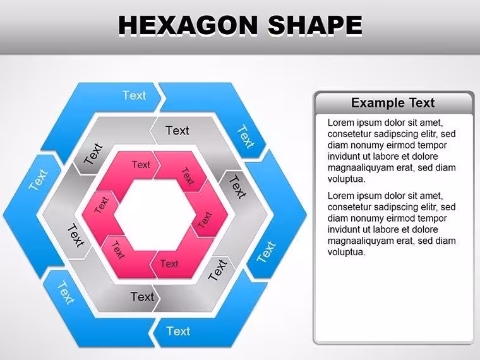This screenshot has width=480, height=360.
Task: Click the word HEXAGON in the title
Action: [188, 25]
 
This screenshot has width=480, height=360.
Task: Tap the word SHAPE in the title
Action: [315, 25]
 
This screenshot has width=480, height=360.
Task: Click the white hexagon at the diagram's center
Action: [155, 215]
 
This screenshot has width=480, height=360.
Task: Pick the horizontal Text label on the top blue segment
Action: [134, 95]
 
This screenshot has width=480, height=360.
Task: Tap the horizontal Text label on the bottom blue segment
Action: [178, 331]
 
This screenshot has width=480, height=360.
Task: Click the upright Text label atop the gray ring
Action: [177, 131]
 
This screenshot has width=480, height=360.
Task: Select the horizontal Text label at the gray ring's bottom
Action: [142, 297]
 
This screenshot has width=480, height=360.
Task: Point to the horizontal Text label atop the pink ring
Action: [141, 165]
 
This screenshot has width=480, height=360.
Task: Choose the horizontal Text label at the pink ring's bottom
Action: [169, 264]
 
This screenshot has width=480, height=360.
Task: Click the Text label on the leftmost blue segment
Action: [39, 179]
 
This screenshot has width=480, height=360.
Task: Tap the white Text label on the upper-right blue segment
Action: [246, 136]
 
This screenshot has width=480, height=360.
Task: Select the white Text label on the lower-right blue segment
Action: [266, 251]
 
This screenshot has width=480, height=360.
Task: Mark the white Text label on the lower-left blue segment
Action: [66, 293]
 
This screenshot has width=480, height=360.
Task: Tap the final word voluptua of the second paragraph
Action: [347, 252]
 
